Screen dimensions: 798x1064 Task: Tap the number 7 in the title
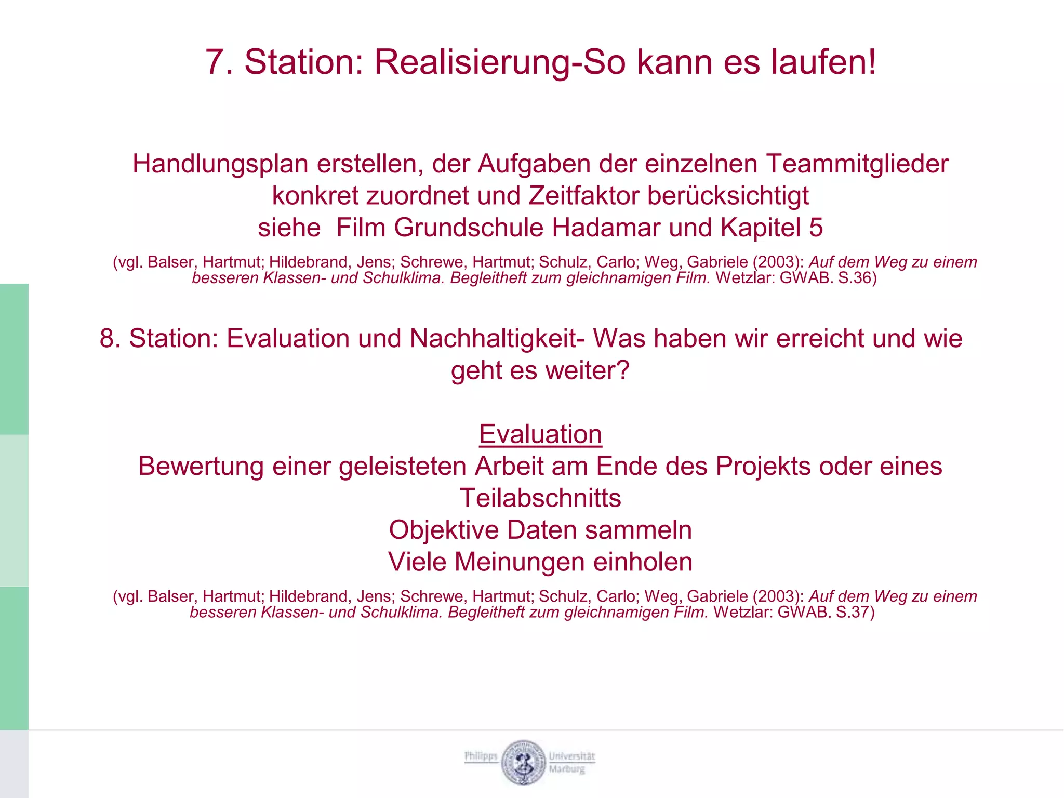point(215,62)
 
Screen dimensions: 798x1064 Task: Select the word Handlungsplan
point(220,164)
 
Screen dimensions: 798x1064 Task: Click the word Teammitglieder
point(857,164)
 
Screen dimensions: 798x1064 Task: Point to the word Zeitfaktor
point(584,196)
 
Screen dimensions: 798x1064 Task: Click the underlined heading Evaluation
point(540,434)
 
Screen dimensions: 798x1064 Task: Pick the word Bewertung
point(201,466)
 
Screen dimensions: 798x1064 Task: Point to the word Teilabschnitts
point(540,498)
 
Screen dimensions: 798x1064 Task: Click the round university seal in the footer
point(523,762)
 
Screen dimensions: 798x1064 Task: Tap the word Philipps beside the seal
point(481,756)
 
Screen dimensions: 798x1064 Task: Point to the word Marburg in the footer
point(567,769)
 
